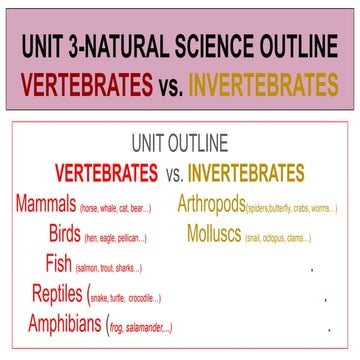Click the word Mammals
(46, 205)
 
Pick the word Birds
(66, 235)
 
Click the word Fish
(59, 265)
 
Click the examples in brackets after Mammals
(115, 209)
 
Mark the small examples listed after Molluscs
(283, 238)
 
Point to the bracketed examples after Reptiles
(125, 298)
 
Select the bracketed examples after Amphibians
(139, 327)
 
